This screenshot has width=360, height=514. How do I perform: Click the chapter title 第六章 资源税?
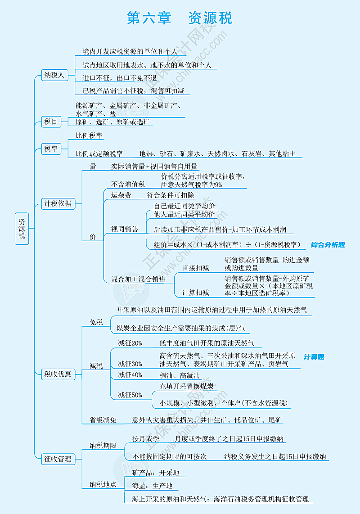(180, 18)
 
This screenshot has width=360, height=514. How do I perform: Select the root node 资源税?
(22, 229)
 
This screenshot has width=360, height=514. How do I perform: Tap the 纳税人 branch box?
(54, 75)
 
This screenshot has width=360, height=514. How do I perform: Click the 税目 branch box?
(51, 122)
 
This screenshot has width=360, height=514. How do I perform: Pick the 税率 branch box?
(51, 149)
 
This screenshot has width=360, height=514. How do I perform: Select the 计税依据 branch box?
(58, 203)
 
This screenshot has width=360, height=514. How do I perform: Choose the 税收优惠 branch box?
(58, 374)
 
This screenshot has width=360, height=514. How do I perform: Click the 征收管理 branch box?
(58, 459)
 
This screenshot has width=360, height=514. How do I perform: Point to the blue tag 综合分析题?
(328, 245)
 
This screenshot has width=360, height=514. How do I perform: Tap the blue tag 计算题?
(314, 356)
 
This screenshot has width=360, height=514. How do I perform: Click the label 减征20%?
(130, 343)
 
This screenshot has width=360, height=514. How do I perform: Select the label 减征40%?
(130, 374)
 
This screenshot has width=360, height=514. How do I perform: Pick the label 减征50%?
(130, 395)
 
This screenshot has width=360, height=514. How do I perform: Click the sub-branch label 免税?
(96, 322)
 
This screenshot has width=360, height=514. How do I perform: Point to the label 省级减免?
(103, 420)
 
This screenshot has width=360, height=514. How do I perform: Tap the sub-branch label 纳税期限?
(103, 446)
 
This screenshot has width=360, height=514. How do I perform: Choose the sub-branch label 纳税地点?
(103, 484)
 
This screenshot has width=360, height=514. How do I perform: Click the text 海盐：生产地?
(152, 486)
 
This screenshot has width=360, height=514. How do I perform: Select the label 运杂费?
(121, 195)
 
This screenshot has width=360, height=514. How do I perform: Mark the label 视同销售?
(125, 229)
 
